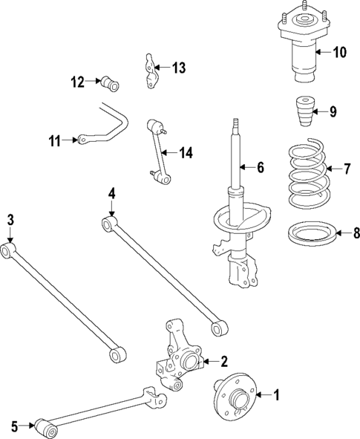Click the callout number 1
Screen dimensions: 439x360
click(278, 395)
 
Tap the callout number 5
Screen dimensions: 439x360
click(14, 426)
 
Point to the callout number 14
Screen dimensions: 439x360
click(186, 153)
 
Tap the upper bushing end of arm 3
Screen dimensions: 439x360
click(9, 252)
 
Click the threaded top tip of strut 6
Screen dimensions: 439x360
click(236, 123)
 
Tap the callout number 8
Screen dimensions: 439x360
click(356, 234)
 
